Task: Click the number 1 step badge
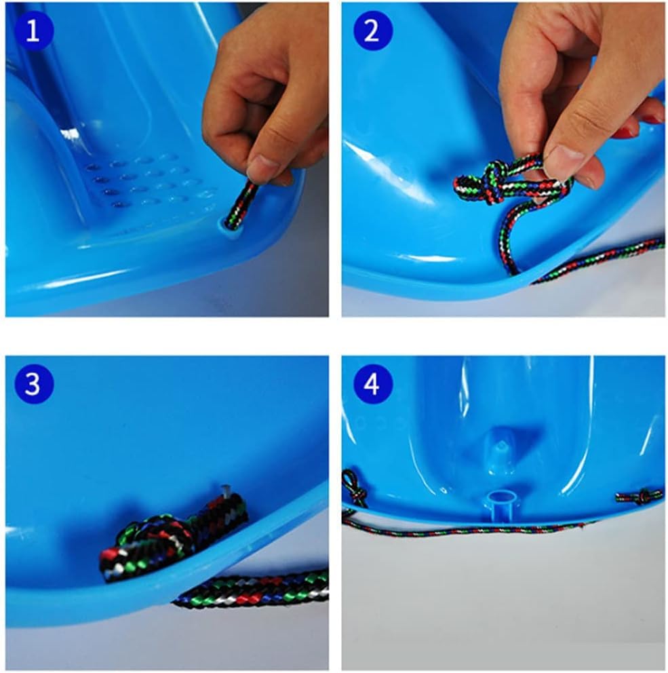tap(34, 31)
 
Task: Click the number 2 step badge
tap(373, 31)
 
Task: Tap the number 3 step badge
tap(34, 384)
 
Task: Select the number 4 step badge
tap(373, 384)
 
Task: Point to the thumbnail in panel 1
tap(262, 166)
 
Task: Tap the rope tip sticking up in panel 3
tap(226, 490)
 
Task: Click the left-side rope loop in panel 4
tap(353, 486)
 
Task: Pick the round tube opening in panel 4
tap(502, 499)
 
